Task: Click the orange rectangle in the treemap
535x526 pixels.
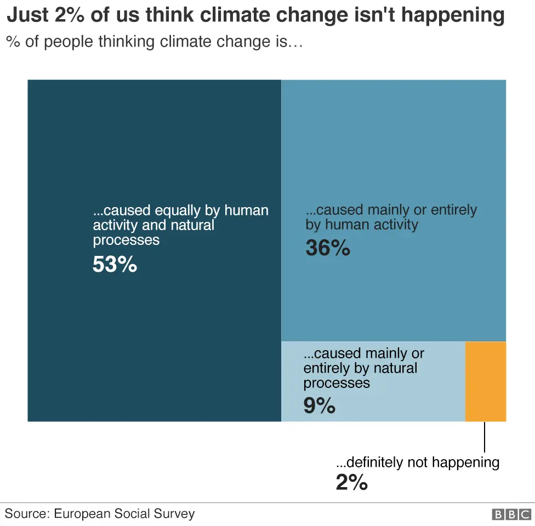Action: point(485,381)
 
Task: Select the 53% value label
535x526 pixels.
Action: point(115,265)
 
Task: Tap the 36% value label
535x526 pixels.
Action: point(327,249)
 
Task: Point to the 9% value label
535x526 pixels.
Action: point(319,406)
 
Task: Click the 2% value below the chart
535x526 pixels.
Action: point(351,482)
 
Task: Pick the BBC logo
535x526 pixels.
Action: point(511,514)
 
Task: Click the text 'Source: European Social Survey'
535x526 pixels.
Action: point(100,514)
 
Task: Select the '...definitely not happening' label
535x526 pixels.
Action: point(417,462)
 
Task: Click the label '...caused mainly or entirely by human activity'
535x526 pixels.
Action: point(391,217)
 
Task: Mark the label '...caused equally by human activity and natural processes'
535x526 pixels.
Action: point(180,225)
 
